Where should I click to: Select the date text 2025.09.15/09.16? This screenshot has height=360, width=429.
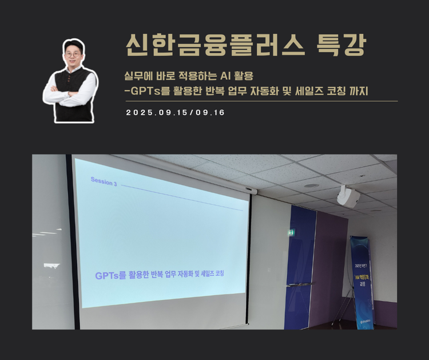point(175,113)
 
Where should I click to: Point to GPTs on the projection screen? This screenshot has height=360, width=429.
point(106,276)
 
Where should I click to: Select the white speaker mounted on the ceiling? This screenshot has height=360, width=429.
point(348,196)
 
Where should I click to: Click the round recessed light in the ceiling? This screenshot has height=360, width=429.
point(311,185)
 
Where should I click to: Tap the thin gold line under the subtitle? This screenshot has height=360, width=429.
point(260,101)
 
